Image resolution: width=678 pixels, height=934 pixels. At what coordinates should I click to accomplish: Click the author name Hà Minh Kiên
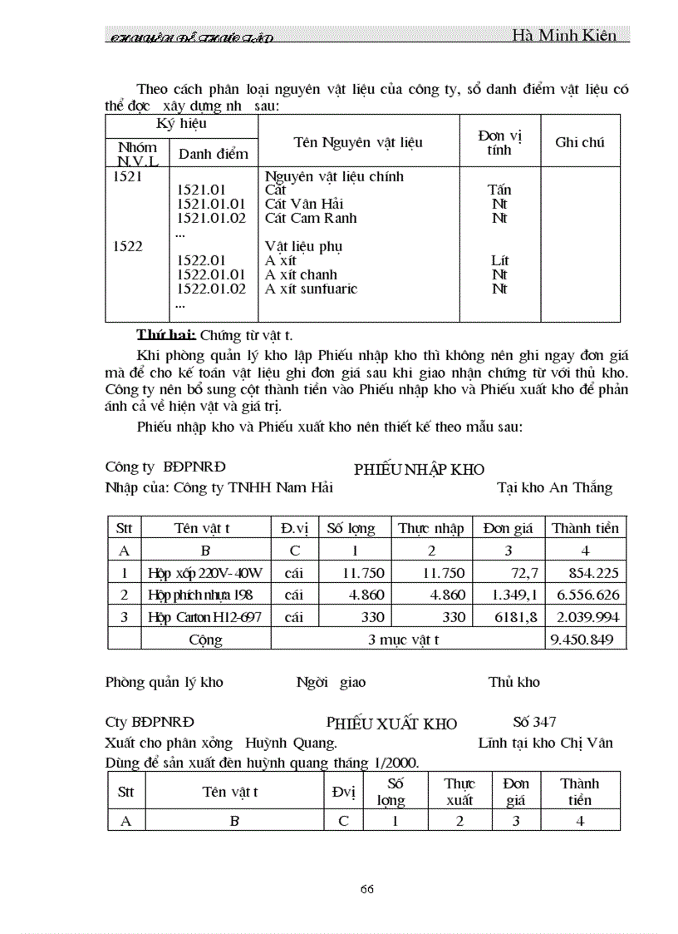pos(564,35)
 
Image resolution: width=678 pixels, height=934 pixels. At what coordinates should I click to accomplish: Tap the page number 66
pos(367,888)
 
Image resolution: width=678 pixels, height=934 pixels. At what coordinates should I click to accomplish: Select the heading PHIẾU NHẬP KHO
pos(419,470)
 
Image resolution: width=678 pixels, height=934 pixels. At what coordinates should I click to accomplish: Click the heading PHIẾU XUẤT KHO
pos(391,724)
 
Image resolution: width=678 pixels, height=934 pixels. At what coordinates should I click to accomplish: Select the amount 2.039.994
pos(586,617)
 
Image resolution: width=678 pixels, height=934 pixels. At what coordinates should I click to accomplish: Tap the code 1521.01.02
pos(212,218)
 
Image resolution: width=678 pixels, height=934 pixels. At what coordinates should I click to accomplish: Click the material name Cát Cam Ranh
pos(311,218)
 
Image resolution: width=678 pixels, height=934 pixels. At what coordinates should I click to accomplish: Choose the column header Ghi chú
pos(579,142)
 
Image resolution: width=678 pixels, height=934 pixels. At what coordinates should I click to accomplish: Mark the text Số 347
pos(534,722)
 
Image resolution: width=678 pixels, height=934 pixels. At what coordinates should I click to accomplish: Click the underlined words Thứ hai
pos(166,335)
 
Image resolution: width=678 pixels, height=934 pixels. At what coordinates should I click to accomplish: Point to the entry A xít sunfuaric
pos(311,289)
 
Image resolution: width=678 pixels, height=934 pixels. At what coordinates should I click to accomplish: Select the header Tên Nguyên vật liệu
pos(358,142)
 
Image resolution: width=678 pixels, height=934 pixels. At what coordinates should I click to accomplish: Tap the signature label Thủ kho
pos(513,682)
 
